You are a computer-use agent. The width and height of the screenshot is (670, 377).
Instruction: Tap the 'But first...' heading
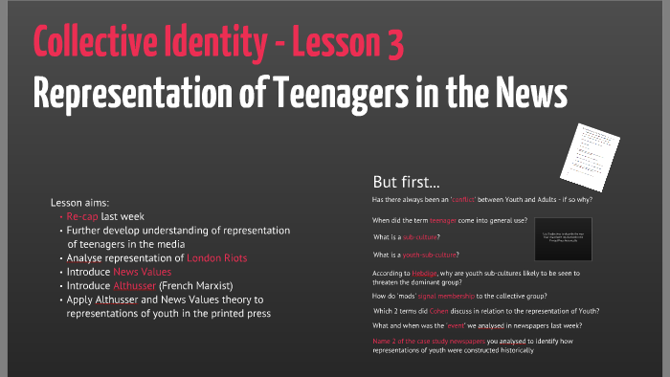(407, 181)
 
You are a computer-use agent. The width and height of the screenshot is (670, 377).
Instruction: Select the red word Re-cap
(84, 216)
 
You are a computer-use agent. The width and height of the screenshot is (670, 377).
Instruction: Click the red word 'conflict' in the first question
(483, 200)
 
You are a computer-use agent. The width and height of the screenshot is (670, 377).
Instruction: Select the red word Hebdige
(426, 273)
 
